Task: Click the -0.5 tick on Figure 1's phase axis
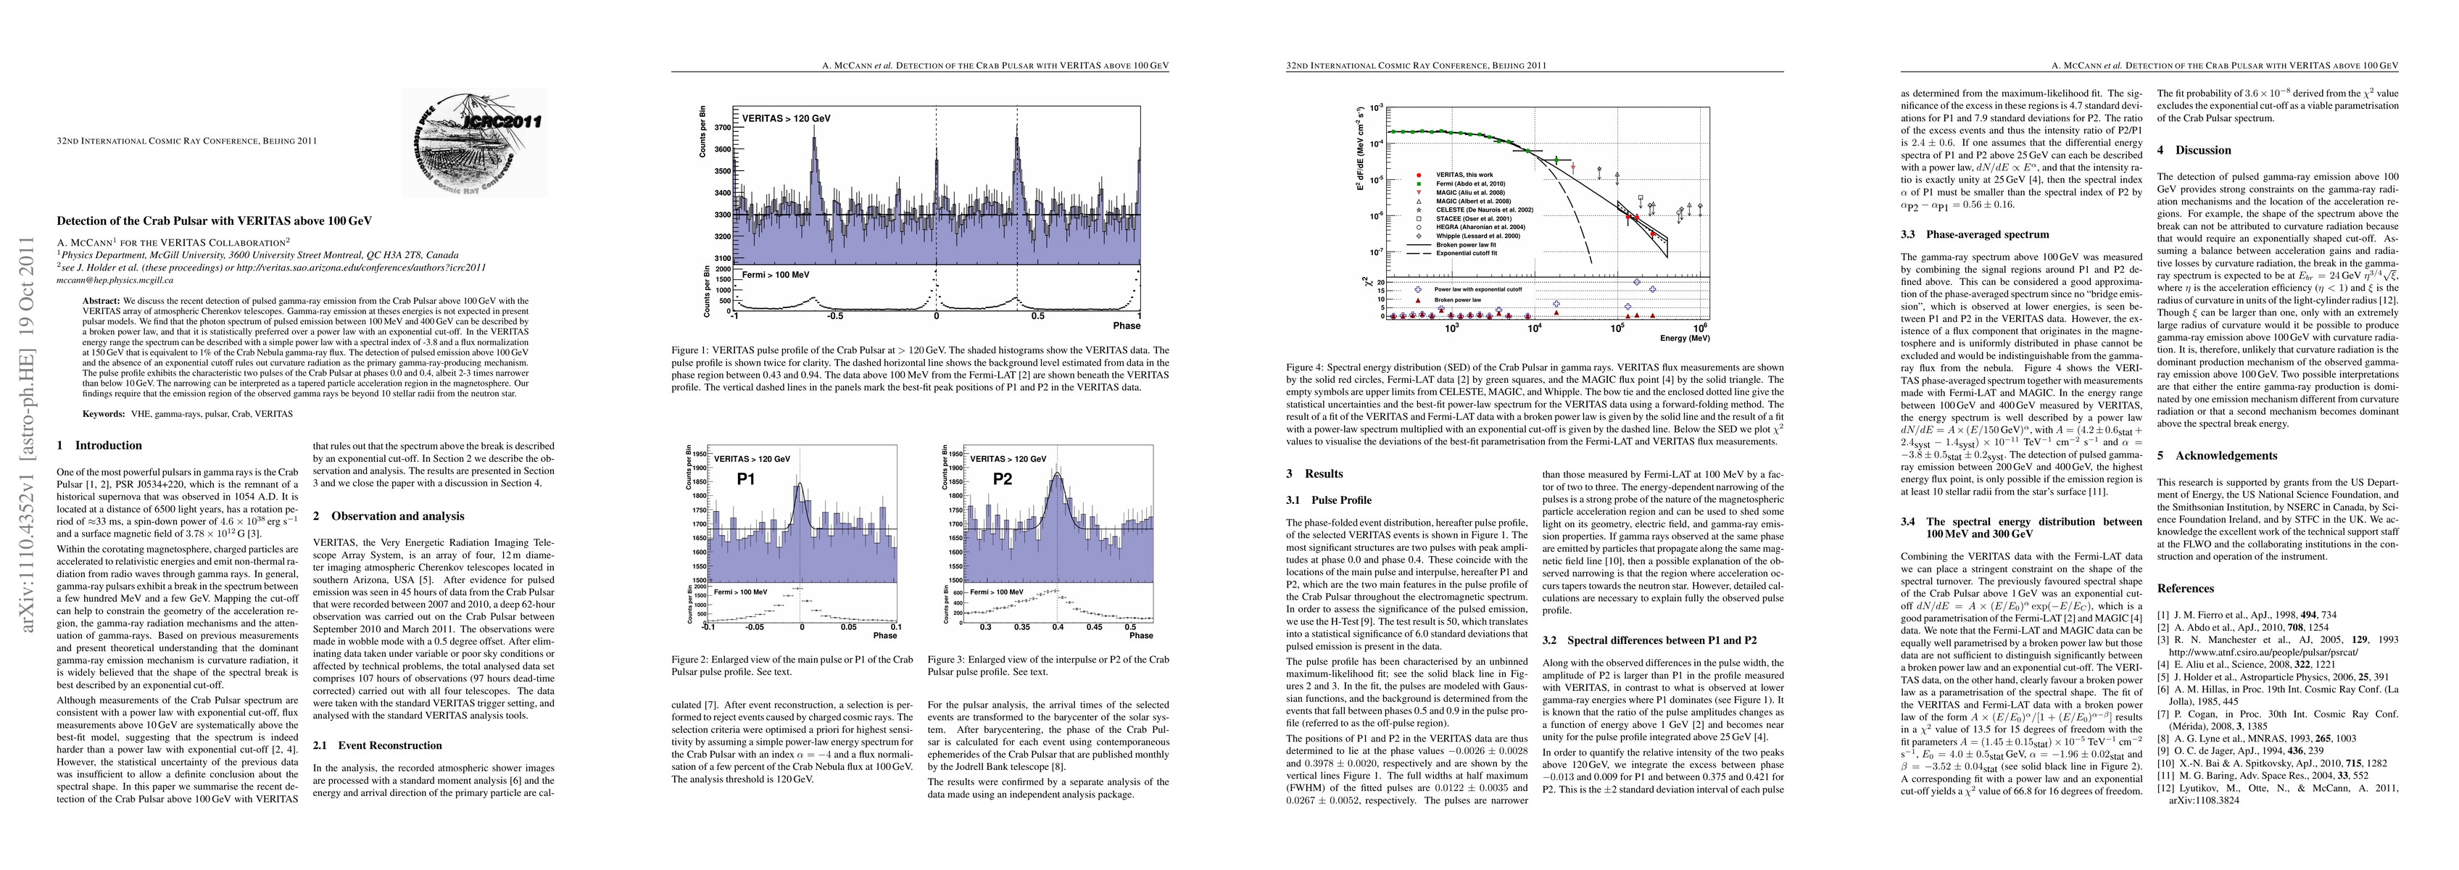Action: pos(834,315)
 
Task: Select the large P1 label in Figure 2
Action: pos(745,478)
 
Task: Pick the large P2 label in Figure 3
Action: pos(1001,478)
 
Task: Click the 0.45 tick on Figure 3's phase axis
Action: pos(1094,627)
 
